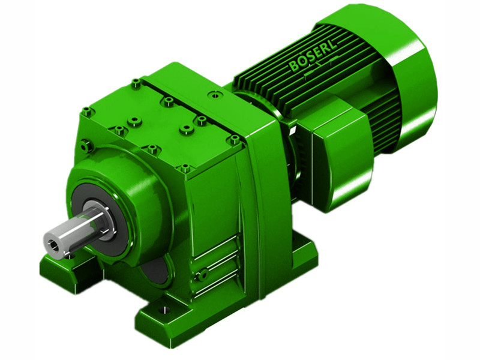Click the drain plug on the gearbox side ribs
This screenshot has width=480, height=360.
tap(203, 275)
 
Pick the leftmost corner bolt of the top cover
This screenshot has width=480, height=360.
tap(87, 111)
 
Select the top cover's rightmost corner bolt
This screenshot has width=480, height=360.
tap(234, 139)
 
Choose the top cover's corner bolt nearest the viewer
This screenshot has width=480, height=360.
tap(185, 169)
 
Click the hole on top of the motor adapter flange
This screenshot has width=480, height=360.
tap(214, 94)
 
